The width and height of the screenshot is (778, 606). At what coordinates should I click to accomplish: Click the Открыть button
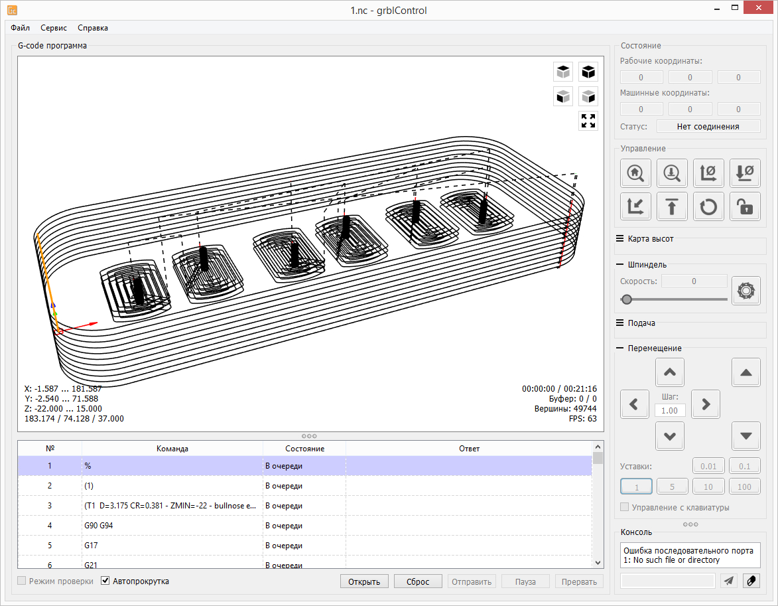pyautogui.click(x=364, y=581)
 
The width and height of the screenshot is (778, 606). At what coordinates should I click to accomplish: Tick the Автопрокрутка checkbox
pyautogui.click(x=105, y=581)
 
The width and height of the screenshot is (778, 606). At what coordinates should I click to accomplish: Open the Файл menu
pyautogui.click(x=21, y=28)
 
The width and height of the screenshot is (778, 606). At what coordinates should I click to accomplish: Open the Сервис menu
pyautogui.click(x=54, y=28)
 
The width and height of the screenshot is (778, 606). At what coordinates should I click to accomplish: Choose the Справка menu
pyautogui.click(x=93, y=28)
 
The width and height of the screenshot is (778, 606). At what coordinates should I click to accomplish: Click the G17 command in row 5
pyautogui.click(x=92, y=546)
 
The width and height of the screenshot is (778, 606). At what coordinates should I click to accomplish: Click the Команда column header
pyautogui.click(x=172, y=449)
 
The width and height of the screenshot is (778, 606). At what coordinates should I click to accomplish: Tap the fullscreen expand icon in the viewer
pyautogui.click(x=588, y=121)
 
